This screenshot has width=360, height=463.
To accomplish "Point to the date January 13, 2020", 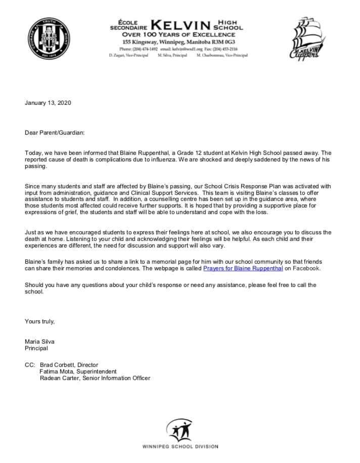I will (x=48, y=103).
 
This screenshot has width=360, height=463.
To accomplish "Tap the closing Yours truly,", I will (x=40, y=321).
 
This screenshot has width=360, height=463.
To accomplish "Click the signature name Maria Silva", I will (x=40, y=342).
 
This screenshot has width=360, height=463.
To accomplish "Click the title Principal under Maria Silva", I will (x=36, y=348).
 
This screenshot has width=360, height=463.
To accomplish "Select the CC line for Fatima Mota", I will (x=78, y=371).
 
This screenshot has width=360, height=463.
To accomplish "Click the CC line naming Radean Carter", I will (x=95, y=377).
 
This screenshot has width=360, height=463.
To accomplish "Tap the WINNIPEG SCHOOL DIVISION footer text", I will (x=180, y=447).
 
